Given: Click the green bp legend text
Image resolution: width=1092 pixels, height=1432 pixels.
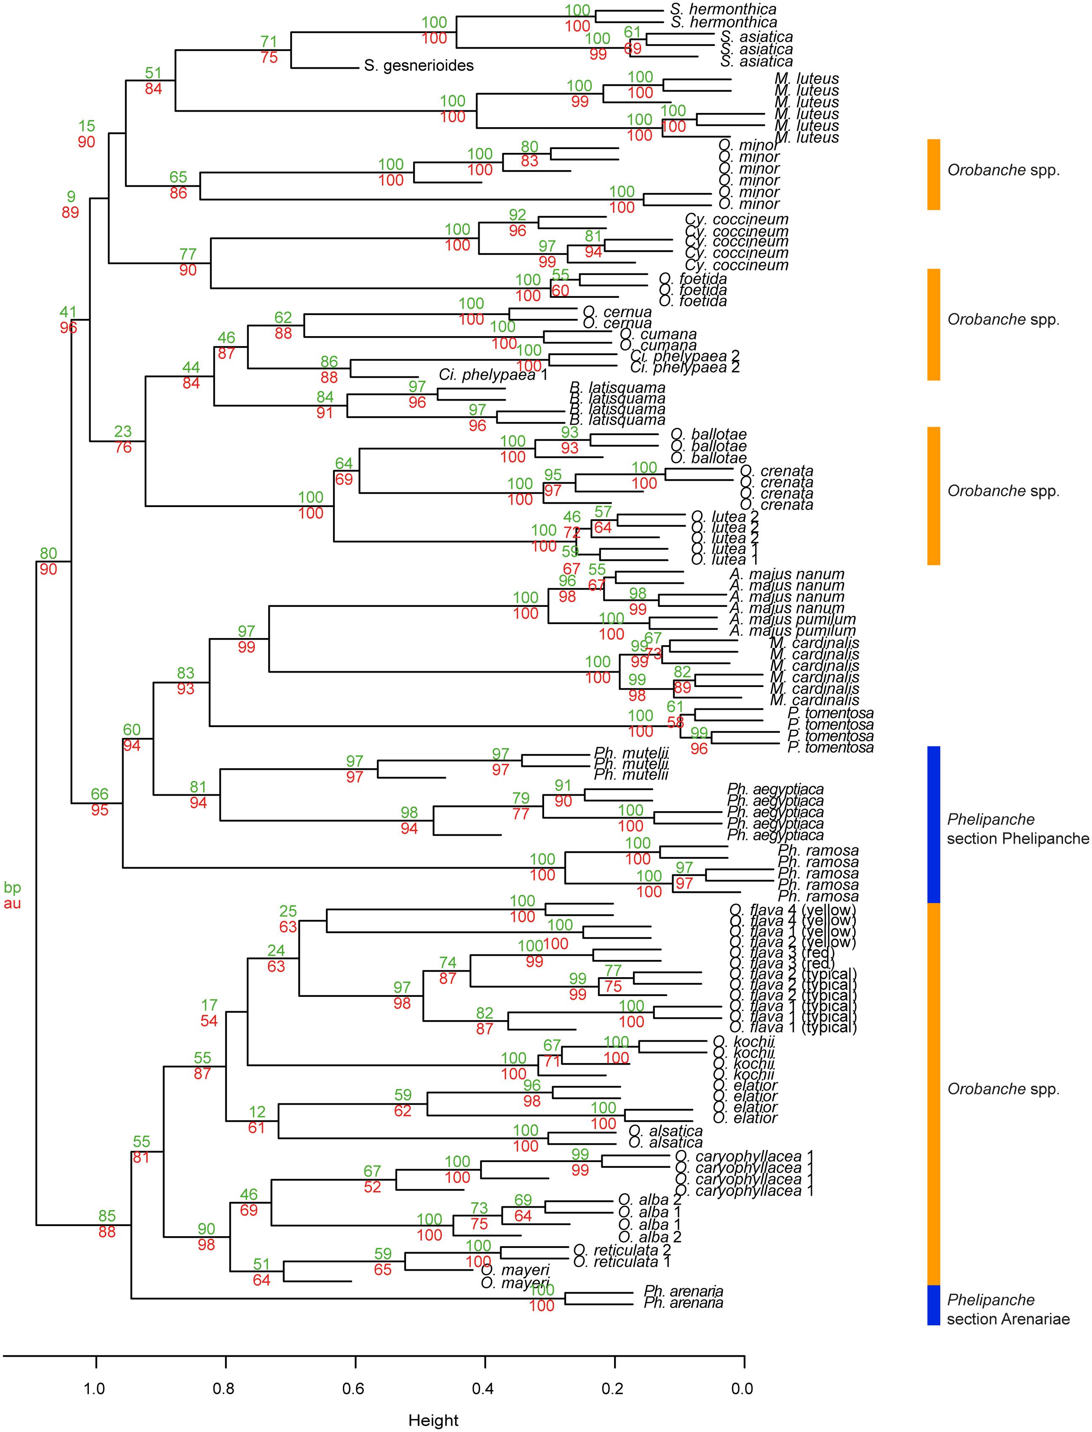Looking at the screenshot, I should (x=12, y=887).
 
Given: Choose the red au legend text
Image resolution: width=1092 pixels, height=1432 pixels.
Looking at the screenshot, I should (x=12, y=903).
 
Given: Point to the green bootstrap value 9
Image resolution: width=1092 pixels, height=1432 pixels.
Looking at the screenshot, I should (x=71, y=196).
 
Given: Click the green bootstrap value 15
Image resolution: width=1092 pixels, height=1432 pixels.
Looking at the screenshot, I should (x=86, y=126).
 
